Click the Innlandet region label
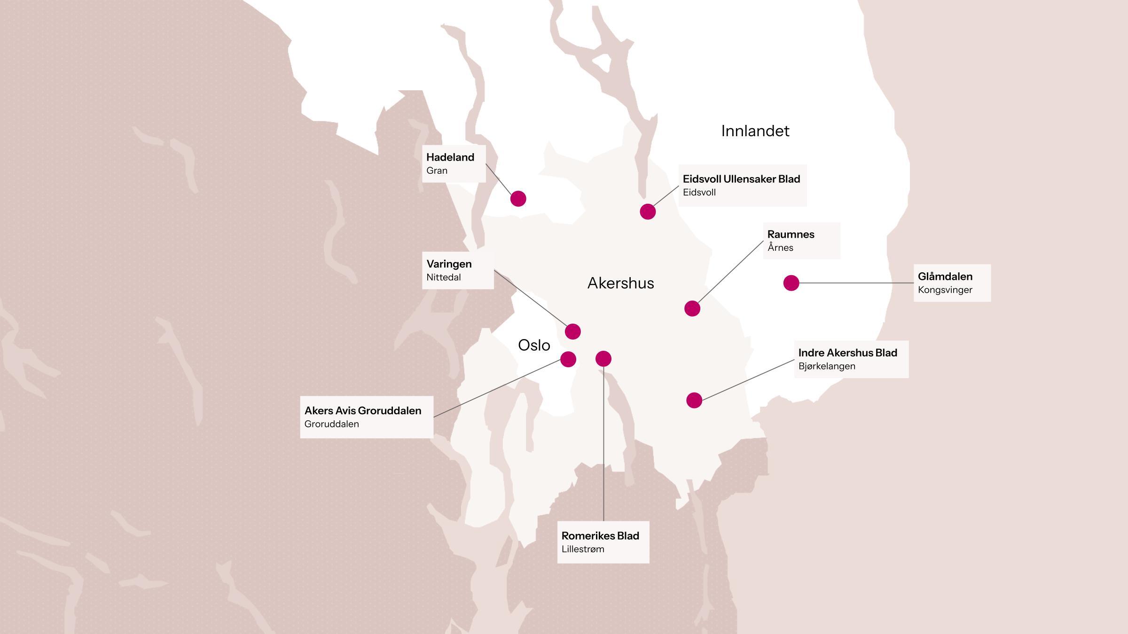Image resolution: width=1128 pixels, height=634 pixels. click(755, 131)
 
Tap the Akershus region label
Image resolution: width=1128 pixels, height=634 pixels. click(620, 283)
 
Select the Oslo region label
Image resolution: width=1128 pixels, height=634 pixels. click(534, 346)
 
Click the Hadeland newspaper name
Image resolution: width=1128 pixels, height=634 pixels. click(450, 157)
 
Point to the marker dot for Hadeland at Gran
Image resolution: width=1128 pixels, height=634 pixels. click(518, 199)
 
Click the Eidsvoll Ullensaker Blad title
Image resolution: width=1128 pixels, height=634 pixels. click(741, 179)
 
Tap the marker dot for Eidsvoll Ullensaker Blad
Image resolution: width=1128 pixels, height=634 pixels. click(648, 212)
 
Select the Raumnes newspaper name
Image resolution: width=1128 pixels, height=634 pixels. click(791, 234)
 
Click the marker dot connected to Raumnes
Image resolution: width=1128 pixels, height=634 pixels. click(692, 309)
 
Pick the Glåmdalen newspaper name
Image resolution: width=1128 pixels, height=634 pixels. click(945, 277)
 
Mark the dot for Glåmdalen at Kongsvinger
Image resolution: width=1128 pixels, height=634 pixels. click(791, 283)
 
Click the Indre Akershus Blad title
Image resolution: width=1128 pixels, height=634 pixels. click(847, 353)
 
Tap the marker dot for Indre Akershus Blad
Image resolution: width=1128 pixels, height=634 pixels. click(694, 400)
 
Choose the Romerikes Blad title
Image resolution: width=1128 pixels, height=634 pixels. click(600, 536)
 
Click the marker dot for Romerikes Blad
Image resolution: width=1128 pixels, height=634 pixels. click(603, 359)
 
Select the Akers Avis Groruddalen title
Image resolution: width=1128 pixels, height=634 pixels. click(362, 410)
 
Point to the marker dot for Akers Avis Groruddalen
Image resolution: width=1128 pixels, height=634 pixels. click(568, 359)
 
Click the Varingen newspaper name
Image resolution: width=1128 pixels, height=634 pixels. click(449, 264)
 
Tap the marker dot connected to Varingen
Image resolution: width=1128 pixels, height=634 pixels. click(572, 332)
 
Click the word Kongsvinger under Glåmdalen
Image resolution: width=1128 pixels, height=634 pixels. click(945, 290)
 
